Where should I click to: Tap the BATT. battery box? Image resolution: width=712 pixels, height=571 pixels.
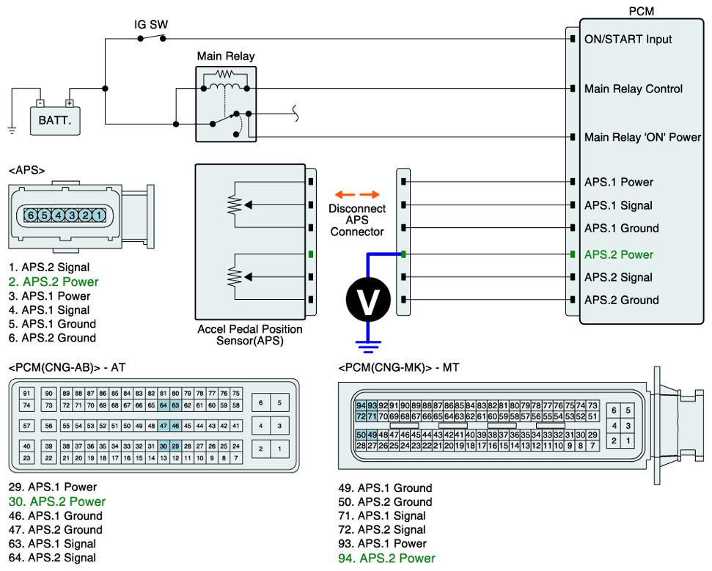pos(55,119)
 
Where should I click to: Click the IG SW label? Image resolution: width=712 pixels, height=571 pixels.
pos(151,24)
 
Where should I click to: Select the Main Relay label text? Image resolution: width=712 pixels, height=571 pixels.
pos(226,56)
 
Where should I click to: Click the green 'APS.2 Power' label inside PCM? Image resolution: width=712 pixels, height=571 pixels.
pos(618,254)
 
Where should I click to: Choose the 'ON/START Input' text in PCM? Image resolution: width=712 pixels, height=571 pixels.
pos(628,39)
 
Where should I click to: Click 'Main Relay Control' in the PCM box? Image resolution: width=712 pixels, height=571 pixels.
pos(633,89)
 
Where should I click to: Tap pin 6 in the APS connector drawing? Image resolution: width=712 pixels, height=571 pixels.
pos(32,215)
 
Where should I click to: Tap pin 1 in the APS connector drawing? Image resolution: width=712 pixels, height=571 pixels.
pos(99,215)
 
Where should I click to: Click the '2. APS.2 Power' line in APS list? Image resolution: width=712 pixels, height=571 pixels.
pos(54,282)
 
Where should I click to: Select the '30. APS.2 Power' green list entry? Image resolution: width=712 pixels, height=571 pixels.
pos(57,502)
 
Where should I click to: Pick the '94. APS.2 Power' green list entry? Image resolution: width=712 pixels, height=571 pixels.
pos(386,559)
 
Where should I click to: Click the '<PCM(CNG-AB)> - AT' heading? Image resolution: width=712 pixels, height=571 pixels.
pos(72,366)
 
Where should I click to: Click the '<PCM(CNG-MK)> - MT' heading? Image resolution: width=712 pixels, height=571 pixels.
pos(399,366)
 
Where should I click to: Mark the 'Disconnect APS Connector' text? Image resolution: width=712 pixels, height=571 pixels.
pos(357,220)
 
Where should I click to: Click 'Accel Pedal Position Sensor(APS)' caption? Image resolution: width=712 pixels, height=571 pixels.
pos(249,335)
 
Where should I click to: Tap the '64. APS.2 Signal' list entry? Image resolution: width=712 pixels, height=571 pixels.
pos(52,558)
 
